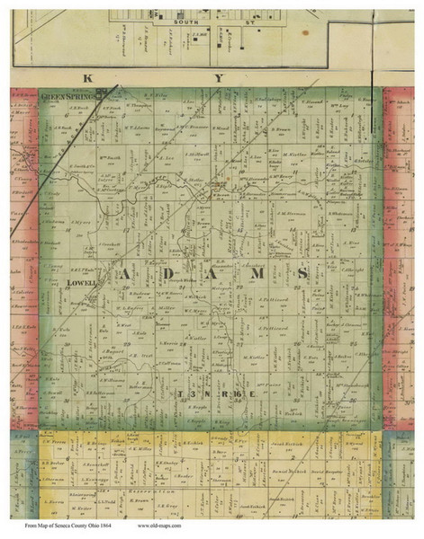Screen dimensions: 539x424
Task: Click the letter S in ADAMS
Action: coord(301,273)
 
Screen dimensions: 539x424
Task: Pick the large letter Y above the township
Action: coord(217,78)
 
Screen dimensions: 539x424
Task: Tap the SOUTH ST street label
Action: coord(194,31)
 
